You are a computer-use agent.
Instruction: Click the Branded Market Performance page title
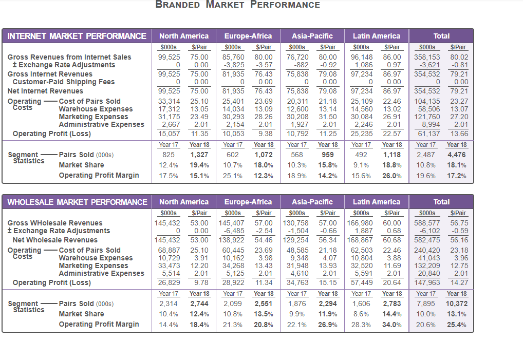[238, 5]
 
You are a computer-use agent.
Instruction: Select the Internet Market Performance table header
[77, 36]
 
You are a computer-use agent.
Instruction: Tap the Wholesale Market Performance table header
[77, 202]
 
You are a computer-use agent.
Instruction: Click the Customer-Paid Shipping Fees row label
[63, 82]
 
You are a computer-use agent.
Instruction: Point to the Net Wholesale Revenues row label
[55, 240]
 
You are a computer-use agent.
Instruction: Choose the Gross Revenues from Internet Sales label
[69, 57]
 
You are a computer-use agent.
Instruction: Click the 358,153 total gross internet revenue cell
[427, 57]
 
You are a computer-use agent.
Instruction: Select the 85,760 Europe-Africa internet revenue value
[233, 57]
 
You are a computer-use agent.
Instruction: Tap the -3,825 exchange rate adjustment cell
[234, 65]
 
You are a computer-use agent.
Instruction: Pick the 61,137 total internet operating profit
[429, 134]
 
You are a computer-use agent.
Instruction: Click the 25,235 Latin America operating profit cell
[362, 134]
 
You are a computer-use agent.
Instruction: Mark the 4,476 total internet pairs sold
[457, 155]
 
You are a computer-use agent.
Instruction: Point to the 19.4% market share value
[199, 165]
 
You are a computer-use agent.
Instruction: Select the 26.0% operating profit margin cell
[392, 175]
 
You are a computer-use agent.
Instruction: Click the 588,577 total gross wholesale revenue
[427, 223]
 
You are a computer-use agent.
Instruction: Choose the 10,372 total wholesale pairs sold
[457, 304]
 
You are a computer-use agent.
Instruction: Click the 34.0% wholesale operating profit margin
[392, 325]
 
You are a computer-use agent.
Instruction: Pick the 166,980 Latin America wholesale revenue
[360, 223]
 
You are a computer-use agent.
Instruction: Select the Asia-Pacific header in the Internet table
[312, 36]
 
